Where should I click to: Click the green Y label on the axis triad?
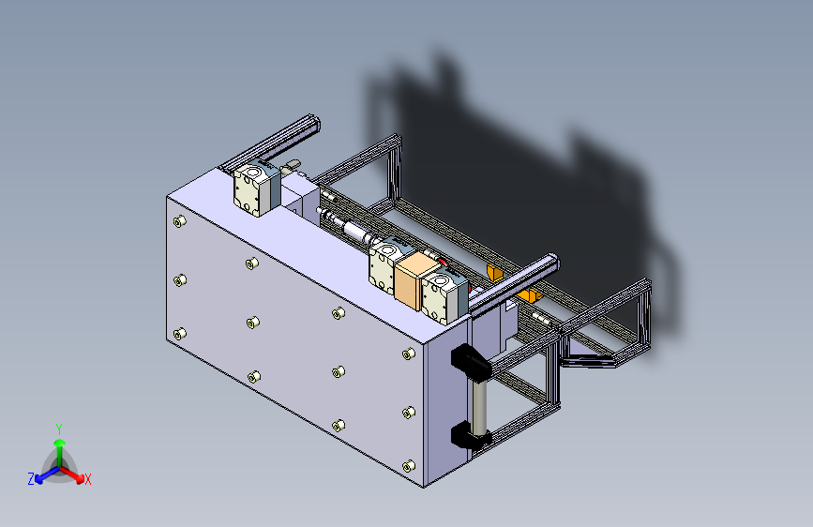(59, 429)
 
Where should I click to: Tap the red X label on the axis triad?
(87, 479)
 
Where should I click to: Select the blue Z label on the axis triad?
(31, 479)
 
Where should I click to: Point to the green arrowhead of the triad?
(60, 444)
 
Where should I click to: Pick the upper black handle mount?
(471, 360)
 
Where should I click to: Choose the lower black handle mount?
(469, 435)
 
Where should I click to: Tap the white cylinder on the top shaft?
(356, 231)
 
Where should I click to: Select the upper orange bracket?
(494, 272)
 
